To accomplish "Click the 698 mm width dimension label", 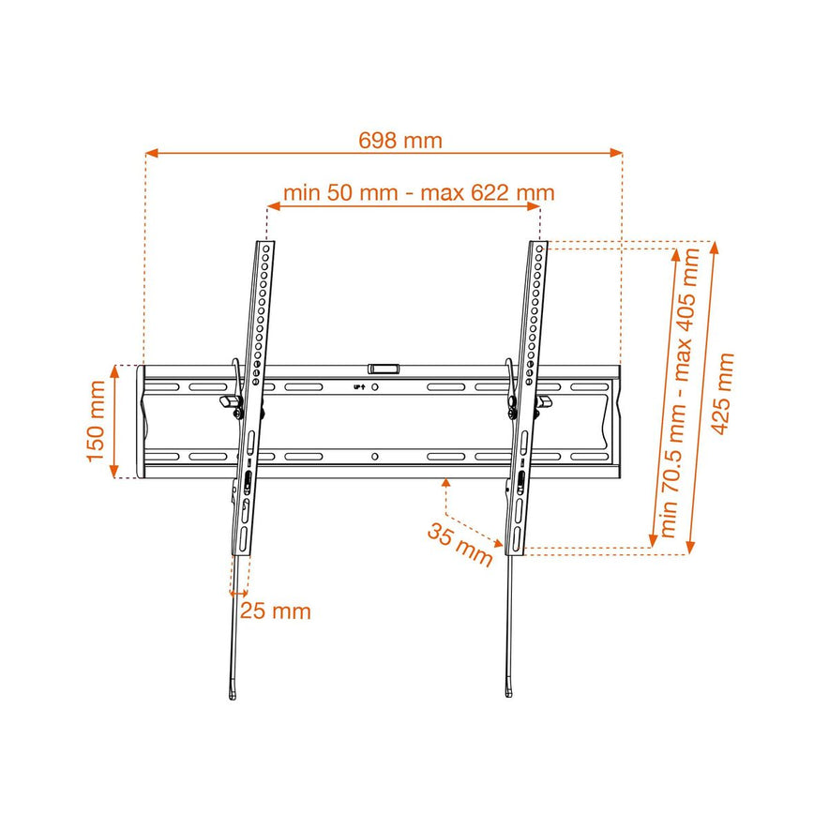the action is [400, 141].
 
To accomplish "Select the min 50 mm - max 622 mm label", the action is [419, 192].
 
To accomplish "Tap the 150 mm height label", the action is [96, 421].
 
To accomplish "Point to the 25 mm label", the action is [276, 611].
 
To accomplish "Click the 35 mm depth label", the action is [460, 545].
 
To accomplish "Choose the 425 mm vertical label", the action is [722, 394].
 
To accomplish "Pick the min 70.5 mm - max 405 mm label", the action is [679, 393].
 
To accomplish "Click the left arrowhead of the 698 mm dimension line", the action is [152, 153].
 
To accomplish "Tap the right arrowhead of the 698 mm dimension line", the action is [616, 153].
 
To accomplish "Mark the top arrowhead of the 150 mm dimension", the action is [114, 371].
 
